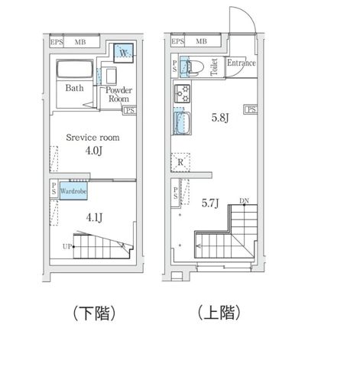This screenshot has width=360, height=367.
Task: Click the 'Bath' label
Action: [x=74, y=88]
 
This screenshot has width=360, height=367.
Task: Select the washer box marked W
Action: [x=124, y=54]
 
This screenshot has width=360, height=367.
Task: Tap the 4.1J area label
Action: [x=95, y=218]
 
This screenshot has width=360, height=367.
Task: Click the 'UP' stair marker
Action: [x=66, y=245]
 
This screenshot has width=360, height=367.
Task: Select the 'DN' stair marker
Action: [x=245, y=201]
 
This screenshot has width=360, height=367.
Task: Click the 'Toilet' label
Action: [x=214, y=67]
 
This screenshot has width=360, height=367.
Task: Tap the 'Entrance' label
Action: [x=241, y=63]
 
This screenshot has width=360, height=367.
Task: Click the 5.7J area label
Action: [x=210, y=203]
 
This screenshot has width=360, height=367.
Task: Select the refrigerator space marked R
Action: [x=180, y=162]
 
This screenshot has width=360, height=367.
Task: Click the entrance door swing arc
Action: [x=243, y=21]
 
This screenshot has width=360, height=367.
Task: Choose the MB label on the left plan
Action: [x=79, y=43]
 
